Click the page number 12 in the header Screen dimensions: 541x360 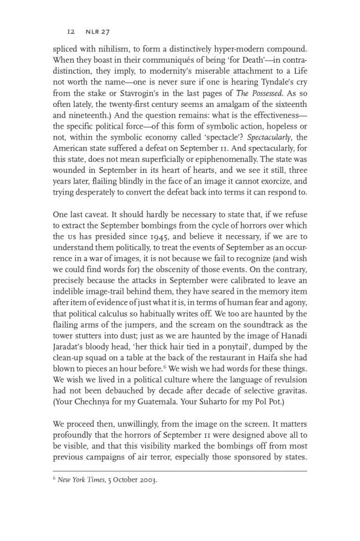click(70, 32)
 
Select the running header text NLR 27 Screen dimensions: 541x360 click(97, 32)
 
